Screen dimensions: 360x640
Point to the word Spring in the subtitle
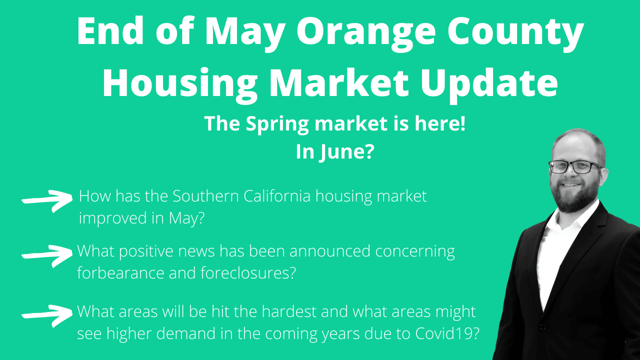[275, 124]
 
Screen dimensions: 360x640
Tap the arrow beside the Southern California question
[47, 200]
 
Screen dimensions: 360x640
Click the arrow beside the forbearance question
[47, 254]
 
